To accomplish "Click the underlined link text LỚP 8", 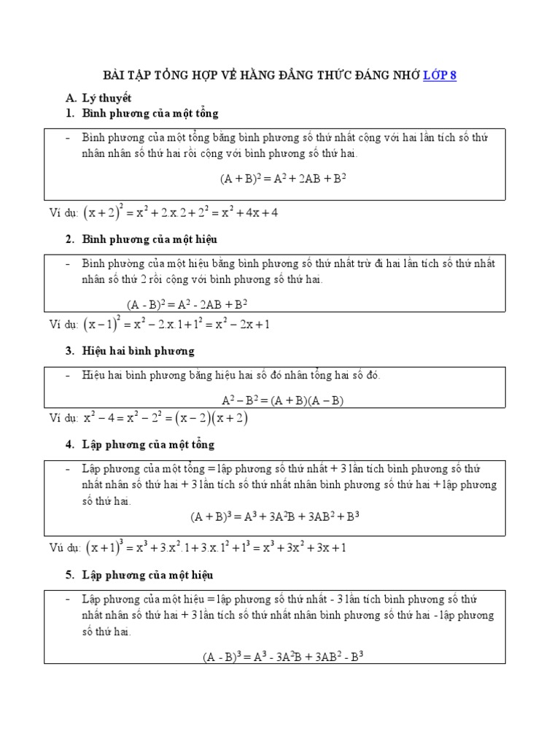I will pos(440,76).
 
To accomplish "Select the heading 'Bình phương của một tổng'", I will pos(150,114).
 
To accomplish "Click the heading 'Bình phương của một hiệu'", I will pos(149,239).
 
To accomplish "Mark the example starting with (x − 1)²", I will pos(176,324).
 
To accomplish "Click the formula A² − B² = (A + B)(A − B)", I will pos(281,400).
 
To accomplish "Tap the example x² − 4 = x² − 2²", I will pos(166,418).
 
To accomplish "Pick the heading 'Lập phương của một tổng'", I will pos(148,444).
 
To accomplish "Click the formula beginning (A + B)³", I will pos(276,517).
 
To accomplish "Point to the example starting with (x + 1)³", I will pos(215,547).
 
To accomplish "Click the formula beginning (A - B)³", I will pos(283,656).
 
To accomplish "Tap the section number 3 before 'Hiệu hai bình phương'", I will pos(69,351).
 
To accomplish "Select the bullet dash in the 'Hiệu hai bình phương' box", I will pos(68,376).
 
